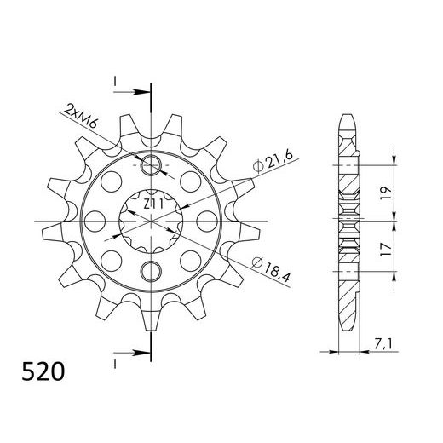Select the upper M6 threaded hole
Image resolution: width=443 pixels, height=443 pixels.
tap(151, 166)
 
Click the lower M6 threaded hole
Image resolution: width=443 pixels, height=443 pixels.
tap(151, 273)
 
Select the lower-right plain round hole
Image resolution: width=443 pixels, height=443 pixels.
tap(191, 257)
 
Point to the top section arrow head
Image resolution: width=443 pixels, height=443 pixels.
tap(145, 88)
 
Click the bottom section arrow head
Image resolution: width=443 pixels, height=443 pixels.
tap(145, 350)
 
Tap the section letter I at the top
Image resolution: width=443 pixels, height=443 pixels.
tap(113, 81)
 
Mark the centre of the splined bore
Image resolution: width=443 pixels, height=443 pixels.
tap(151, 220)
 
